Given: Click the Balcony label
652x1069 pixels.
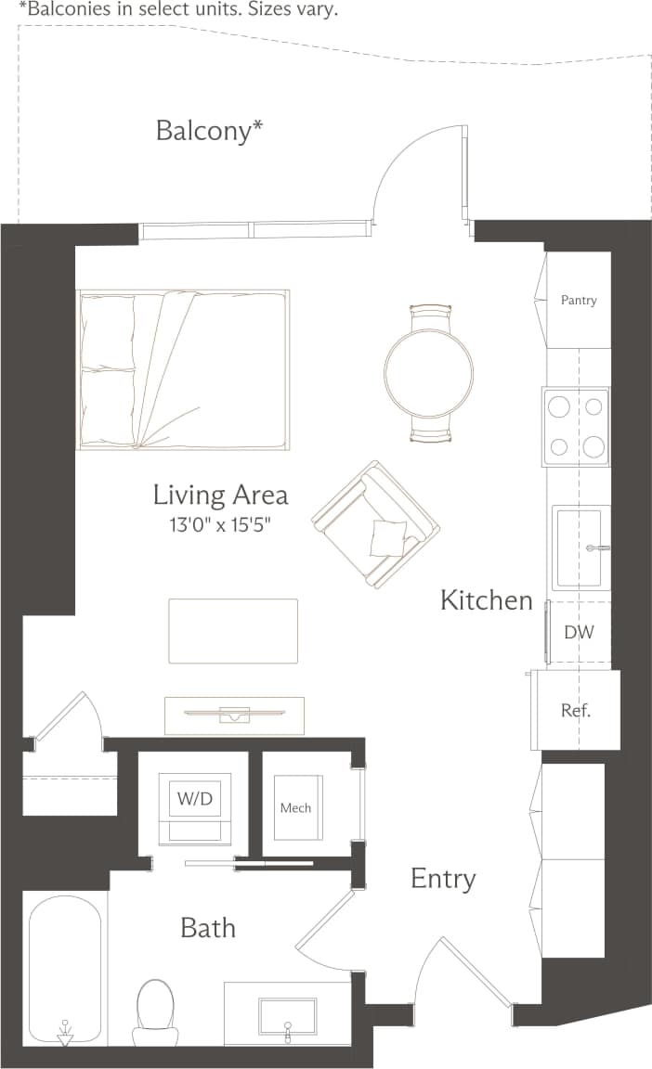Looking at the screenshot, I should click(209, 131).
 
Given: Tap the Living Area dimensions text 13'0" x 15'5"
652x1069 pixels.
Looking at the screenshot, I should click(220, 524).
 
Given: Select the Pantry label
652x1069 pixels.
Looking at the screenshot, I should click(579, 301).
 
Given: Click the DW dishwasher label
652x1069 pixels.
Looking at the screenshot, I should click(579, 633).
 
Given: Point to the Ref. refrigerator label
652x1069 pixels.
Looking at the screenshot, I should click(576, 712).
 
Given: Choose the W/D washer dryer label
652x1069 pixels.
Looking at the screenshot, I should click(194, 796).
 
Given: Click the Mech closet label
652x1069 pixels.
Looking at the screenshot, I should click(295, 807).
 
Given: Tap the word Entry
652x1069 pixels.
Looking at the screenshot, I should click(443, 879).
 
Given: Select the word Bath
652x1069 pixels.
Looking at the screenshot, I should click(208, 928).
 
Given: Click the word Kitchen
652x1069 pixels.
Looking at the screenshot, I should click(486, 600).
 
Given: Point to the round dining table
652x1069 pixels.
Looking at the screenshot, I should click(428, 373).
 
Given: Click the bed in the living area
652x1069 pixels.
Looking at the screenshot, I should click(183, 370).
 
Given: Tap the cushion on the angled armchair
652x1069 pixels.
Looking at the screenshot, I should click(388, 536).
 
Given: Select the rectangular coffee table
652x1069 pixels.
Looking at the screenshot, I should click(233, 631).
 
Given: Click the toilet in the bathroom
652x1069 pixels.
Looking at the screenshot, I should click(155, 1012).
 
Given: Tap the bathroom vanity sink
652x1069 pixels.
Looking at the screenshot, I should click(287, 1021).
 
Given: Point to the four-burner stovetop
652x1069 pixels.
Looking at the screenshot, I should click(576, 426).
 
